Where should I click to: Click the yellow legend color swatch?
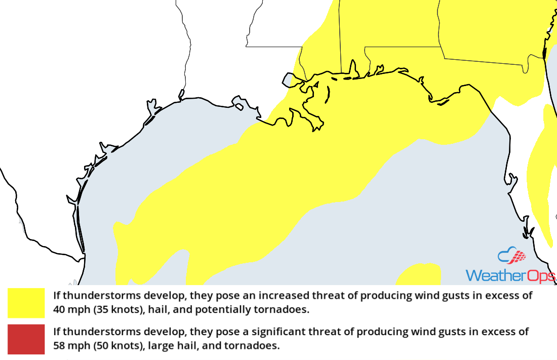click(26, 303)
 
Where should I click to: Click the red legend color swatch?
click(26, 339)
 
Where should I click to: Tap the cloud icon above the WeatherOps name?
click(511, 256)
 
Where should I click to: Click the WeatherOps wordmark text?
click(510, 275)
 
